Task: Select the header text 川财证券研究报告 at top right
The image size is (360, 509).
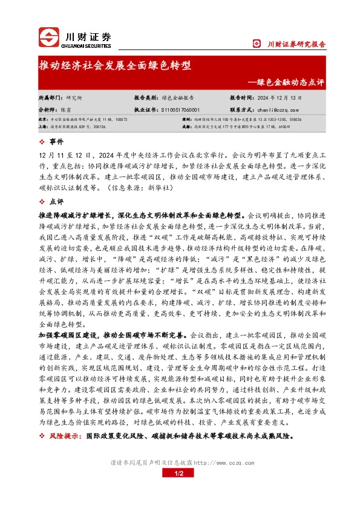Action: (296, 44)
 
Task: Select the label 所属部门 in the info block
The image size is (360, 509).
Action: (50, 97)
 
